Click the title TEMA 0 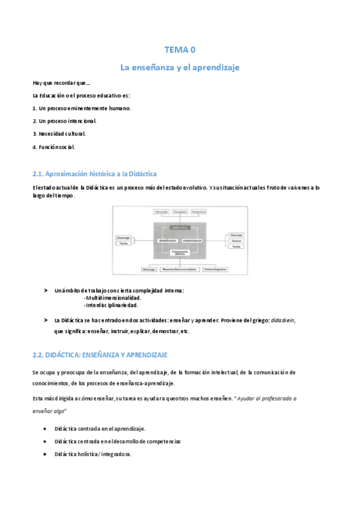180,50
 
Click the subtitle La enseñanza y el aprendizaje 180,67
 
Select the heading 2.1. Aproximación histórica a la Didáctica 94,174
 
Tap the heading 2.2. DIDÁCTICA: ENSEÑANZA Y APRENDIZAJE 100,355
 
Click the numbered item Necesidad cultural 59,134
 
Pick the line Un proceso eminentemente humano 81,108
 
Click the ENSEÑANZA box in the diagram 168,240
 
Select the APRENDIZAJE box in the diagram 194,240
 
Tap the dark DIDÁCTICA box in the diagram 181,228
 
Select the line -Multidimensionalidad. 113,298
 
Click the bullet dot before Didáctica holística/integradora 46,455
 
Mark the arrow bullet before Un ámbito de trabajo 46,290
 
